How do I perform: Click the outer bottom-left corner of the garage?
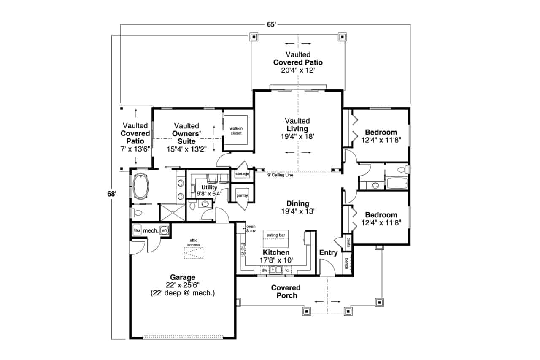coord(130,339)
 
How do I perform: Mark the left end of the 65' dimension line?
coord(121,24)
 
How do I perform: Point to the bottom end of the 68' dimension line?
coord(112,339)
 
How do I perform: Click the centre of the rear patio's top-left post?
coord(254,37)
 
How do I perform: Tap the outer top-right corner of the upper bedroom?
coord(410,108)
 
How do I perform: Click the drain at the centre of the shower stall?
coord(173,212)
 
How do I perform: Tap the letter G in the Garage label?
coord(173,277)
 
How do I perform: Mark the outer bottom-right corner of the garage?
coord(235,339)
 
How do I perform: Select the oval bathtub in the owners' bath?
coord(141,186)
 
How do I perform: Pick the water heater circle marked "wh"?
coord(164,230)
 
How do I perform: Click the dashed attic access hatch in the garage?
coord(194,253)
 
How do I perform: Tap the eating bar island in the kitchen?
coord(275,239)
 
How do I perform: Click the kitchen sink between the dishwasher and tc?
coord(275,270)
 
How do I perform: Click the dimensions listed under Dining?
coord(298,211)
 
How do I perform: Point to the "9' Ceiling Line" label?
coord(280,175)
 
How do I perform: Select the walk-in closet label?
coord(236,131)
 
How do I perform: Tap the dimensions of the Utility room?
coord(209,193)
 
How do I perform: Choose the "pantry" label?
coord(242,195)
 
